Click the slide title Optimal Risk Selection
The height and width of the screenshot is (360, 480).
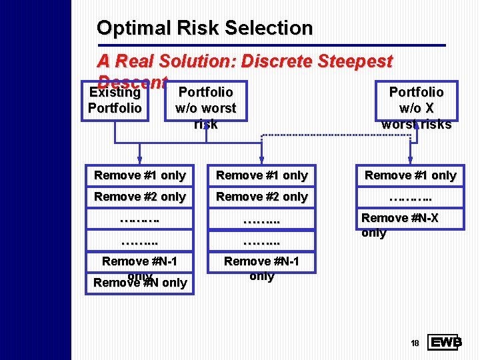tap(204, 28)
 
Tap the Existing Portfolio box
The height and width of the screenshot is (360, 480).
tap(115, 100)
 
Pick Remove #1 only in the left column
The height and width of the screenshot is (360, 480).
tap(140, 175)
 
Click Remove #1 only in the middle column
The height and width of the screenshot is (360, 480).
tap(262, 175)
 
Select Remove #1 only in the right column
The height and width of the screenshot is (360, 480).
tap(410, 175)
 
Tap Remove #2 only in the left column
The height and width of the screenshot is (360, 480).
tap(140, 197)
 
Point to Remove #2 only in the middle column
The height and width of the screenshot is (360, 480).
tap(262, 197)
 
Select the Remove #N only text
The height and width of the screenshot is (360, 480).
tap(140, 283)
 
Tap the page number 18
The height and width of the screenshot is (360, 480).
tap(415, 343)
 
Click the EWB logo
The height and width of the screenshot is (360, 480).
tap(445, 342)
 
